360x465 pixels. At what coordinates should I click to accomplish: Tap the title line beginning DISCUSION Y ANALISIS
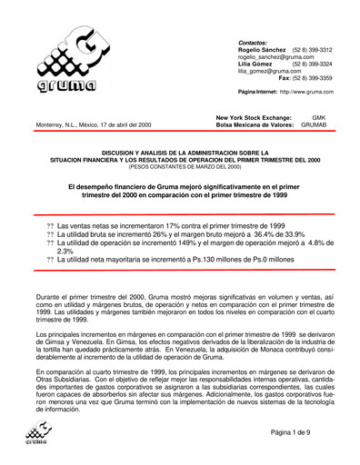179,152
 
